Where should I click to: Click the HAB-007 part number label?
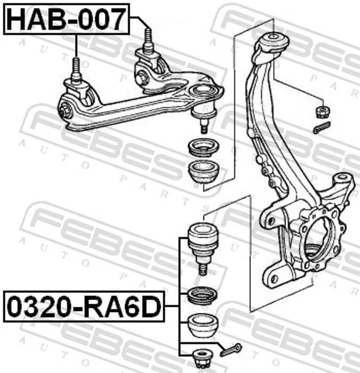(x=67, y=19)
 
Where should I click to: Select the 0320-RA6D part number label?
(x=84, y=306)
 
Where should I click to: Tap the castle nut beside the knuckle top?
(x=323, y=112)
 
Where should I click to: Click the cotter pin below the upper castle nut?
(x=322, y=128)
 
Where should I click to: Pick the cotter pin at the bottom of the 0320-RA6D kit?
(x=230, y=350)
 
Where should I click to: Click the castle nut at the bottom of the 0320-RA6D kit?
(x=202, y=359)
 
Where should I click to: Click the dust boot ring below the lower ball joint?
(x=202, y=297)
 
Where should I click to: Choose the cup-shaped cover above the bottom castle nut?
(x=202, y=326)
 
